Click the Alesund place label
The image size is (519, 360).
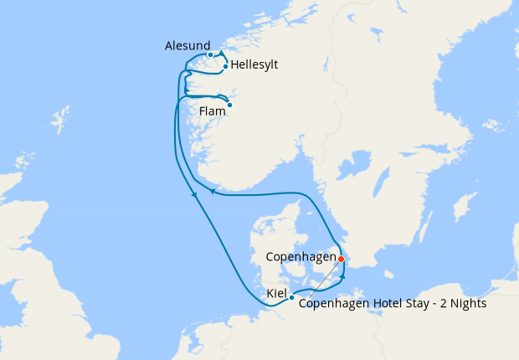(x=183, y=45)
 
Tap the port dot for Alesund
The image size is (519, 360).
(x=210, y=55)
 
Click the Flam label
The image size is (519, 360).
(x=213, y=111)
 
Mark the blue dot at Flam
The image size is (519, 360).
(x=229, y=105)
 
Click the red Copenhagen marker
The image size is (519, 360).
(x=341, y=259)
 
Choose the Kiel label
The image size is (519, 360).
(x=275, y=294)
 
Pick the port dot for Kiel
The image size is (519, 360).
(x=291, y=297)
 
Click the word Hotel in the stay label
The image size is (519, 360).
(x=376, y=304)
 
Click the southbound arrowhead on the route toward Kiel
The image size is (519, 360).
(x=195, y=194)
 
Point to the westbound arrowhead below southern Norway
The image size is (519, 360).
(x=213, y=191)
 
